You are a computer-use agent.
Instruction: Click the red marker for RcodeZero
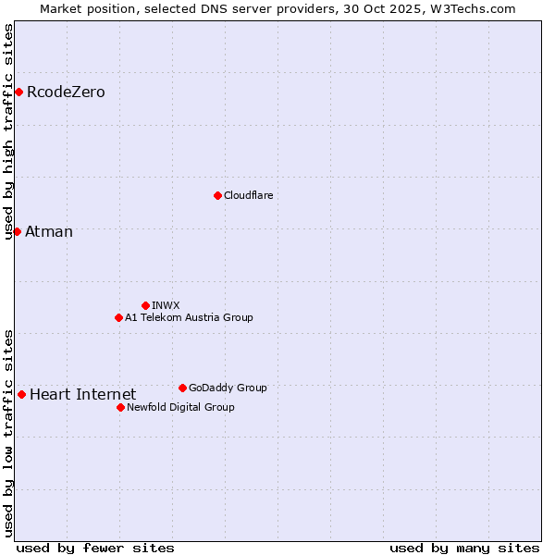(x=18, y=92)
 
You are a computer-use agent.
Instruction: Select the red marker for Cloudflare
(x=217, y=195)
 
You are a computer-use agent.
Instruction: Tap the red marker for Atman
(x=17, y=231)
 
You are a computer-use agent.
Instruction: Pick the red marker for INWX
(x=145, y=305)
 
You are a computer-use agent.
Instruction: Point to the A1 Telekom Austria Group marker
(x=118, y=317)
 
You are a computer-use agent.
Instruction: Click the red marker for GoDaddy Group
(x=182, y=388)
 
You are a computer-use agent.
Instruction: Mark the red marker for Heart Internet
(x=21, y=394)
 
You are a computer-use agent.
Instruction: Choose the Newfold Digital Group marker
(x=120, y=407)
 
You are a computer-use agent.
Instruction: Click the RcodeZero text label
(x=66, y=92)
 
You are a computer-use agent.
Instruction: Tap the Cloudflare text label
(x=249, y=195)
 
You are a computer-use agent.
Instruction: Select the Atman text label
(x=49, y=232)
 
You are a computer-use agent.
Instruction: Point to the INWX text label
(x=166, y=305)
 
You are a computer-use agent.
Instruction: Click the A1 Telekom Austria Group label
(x=189, y=317)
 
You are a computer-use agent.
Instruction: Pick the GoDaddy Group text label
(x=228, y=388)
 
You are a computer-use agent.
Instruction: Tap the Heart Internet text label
(x=82, y=395)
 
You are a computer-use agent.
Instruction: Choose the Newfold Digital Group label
(x=180, y=407)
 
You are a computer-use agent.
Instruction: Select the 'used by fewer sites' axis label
(x=95, y=548)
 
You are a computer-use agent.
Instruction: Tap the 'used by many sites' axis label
(x=464, y=548)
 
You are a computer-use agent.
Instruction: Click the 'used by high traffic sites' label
(x=9, y=131)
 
